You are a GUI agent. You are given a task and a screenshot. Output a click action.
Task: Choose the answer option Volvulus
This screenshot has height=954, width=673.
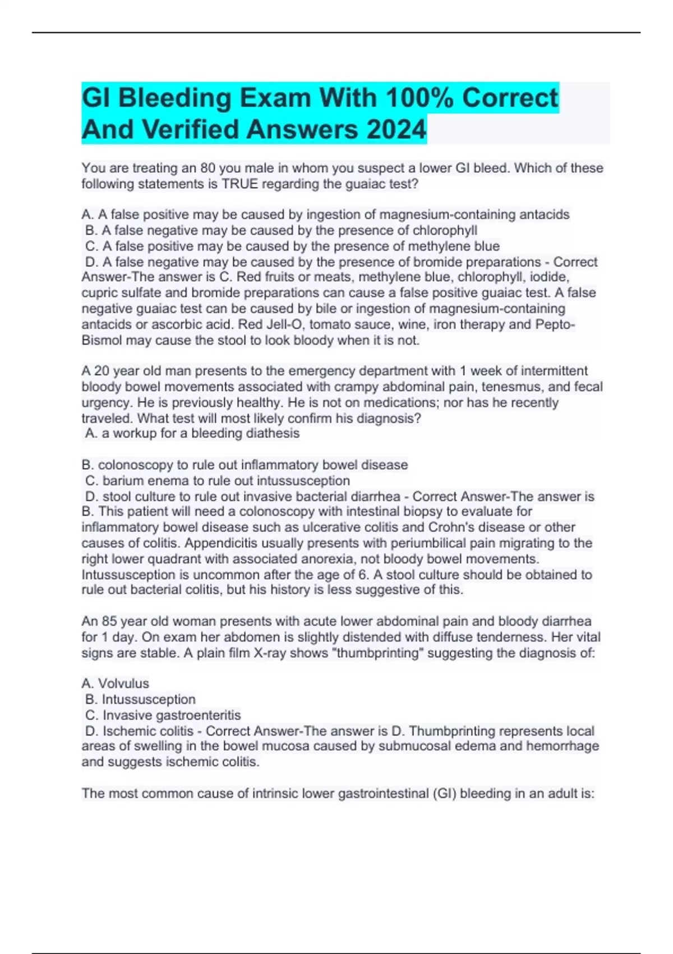click(123, 684)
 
